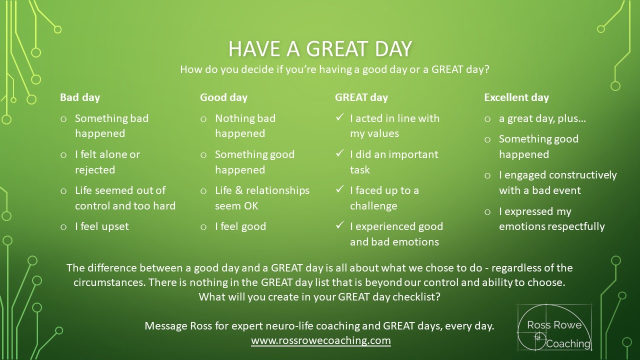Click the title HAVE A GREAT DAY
pyautogui.click(x=320, y=49)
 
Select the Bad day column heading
pyautogui.click(x=80, y=97)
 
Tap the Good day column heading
pyautogui.click(x=223, y=97)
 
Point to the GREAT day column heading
pyautogui.click(x=361, y=97)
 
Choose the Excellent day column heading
pyautogui.click(x=516, y=97)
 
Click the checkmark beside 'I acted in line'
pyautogui.click(x=339, y=117)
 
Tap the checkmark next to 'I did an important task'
pyautogui.click(x=339, y=153)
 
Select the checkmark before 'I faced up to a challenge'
pyautogui.click(x=339, y=189)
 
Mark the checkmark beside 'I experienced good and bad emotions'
pyautogui.click(x=339, y=225)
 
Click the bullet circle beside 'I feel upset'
pyautogui.click(x=63, y=227)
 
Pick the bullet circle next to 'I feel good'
pyautogui.click(x=203, y=227)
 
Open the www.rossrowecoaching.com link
pyautogui.click(x=321, y=340)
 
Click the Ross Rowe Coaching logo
pyautogui.click(x=554, y=327)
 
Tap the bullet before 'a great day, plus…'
pyautogui.click(x=487, y=119)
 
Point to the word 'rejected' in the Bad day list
pyautogui.click(x=95, y=170)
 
